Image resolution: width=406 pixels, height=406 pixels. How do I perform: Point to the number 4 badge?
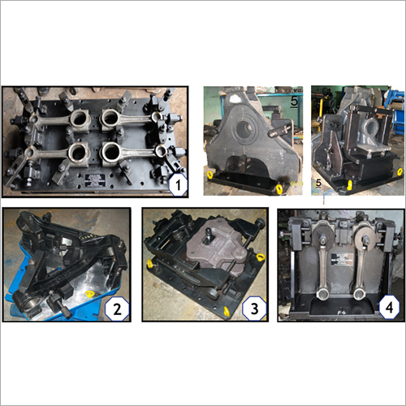click(x=387, y=306)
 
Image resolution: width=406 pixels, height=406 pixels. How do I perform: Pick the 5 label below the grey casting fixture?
click(x=318, y=184)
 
